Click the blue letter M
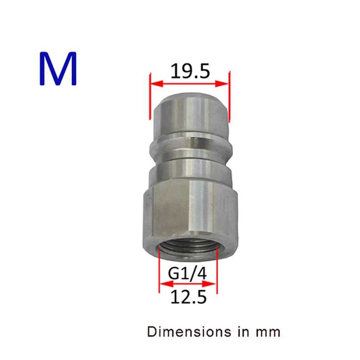(58, 68)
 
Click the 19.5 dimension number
(190, 71)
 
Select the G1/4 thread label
(187, 273)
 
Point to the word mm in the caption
(268, 333)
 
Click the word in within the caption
(243, 332)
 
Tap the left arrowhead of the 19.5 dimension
(156, 83)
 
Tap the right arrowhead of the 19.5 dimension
(222, 83)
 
